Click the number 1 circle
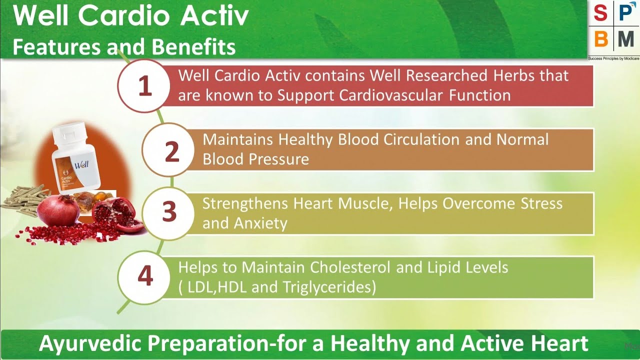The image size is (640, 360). [x=144, y=86]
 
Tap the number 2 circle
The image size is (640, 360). [x=171, y=151]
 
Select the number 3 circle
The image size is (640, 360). [x=169, y=212]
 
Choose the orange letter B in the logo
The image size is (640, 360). [x=601, y=38]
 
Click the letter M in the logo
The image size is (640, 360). [x=625, y=38]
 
